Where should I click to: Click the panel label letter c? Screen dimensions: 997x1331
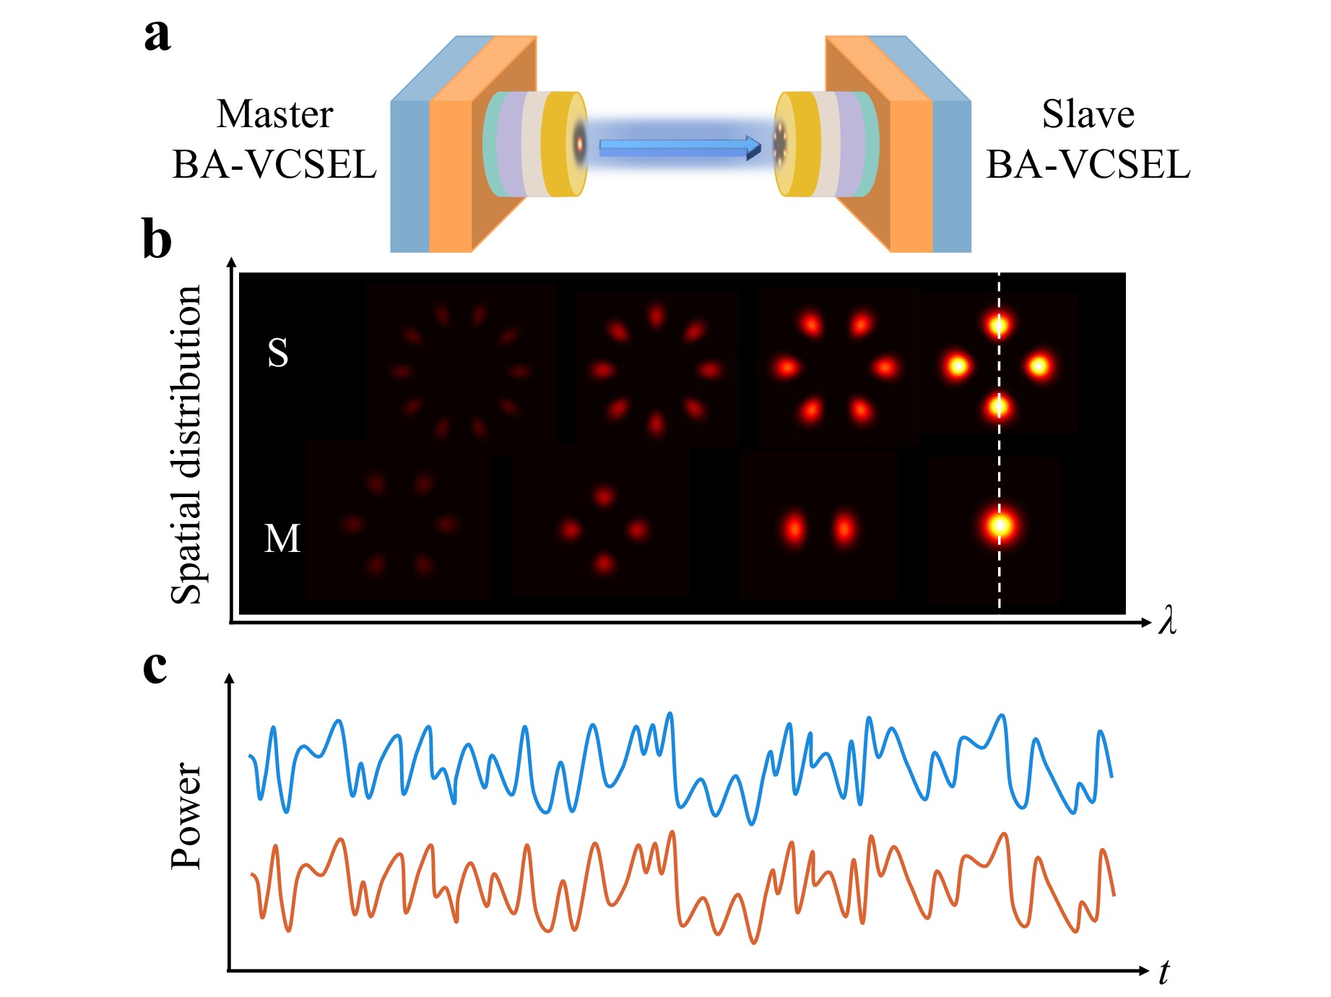click(x=155, y=666)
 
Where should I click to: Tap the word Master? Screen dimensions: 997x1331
click(x=274, y=114)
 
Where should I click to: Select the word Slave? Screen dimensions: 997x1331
click(x=1088, y=114)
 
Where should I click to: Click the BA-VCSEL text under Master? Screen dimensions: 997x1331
click(x=274, y=165)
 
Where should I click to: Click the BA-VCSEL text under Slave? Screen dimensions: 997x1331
click(x=1088, y=165)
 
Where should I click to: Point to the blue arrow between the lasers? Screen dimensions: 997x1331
click(x=679, y=148)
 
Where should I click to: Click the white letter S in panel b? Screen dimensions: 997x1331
click(x=278, y=353)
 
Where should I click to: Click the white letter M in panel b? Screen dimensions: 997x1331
click(x=282, y=539)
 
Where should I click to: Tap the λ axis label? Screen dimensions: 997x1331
click(x=1167, y=621)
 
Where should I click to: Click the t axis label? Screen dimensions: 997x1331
click(x=1163, y=972)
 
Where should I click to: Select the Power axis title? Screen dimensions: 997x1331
click(x=186, y=816)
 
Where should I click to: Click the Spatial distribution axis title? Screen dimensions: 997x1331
click(x=186, y=444)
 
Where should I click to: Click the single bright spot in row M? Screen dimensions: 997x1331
click(x=1000, y=525)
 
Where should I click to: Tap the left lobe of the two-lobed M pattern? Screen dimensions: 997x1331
click(x=794, y=529)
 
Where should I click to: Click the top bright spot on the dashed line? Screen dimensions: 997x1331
click(x=999, y=325)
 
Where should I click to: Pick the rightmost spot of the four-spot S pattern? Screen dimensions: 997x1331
click(x=1039, y=366)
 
